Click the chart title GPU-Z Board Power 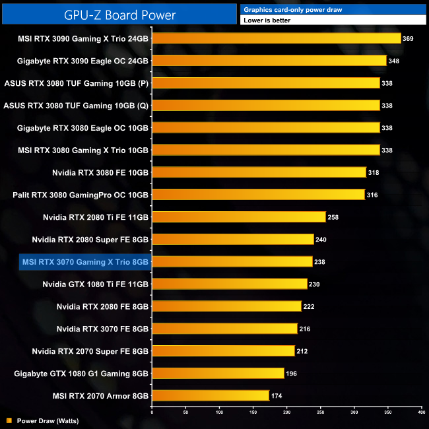coord(118,14)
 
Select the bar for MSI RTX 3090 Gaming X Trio coord(277,38)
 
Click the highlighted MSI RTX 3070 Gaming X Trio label coord(85,262)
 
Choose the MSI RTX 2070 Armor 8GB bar coord(211,396)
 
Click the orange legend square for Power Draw coord(9,420)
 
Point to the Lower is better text coord(267,20)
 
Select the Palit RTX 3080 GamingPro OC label coord(81,195)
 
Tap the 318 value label coord(374,172)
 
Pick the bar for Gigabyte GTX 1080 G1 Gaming coord(218,374)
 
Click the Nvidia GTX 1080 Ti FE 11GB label coord(95,284)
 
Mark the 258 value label coord(333,217)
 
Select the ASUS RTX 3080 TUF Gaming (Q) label coord(76,105)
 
